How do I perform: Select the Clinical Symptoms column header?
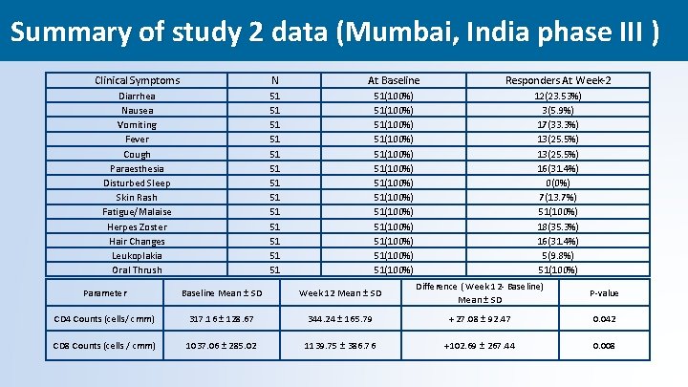point(138,80)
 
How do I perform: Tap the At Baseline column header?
point(394,80)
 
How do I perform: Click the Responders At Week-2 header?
point(558,80)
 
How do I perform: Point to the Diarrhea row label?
point(137,97)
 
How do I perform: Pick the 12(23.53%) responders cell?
point(558,97)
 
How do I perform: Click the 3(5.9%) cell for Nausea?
point(558,111)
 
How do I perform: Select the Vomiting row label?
point(137,125)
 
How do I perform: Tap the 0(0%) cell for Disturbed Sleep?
point(558,183)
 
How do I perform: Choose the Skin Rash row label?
point(137,198)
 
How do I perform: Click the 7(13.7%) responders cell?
point(558,198)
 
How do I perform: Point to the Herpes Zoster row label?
point(138,226)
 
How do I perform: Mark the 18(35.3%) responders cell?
point(558,226)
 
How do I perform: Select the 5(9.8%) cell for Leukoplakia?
point(558,256)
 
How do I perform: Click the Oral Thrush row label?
point(137,270)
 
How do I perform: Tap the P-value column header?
point(604,293)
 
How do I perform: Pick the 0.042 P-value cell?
point(604,319)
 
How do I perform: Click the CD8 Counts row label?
point(104,346)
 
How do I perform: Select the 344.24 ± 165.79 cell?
point(340,319)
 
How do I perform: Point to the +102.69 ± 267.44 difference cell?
point(480,346)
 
